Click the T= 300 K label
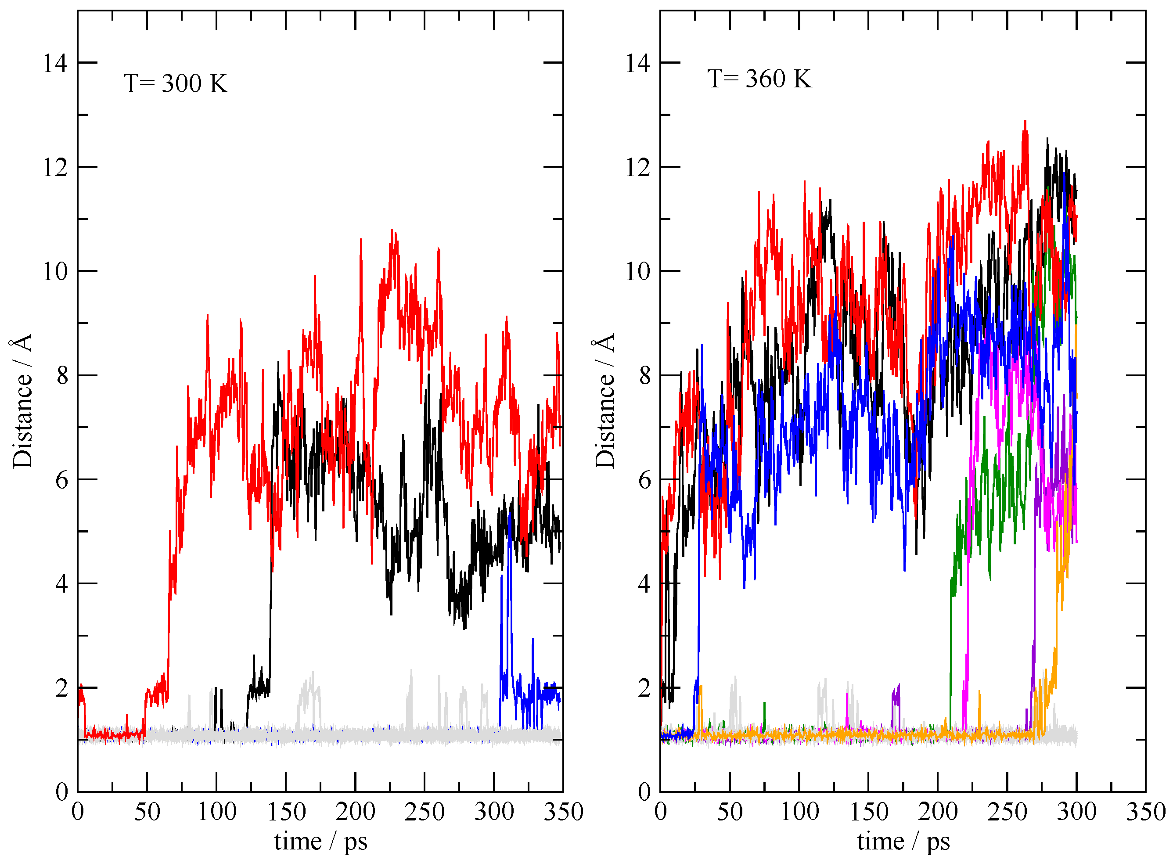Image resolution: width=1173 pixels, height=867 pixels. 176,84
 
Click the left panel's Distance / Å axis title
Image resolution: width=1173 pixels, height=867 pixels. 22,400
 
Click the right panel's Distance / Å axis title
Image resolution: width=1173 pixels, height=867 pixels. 604,400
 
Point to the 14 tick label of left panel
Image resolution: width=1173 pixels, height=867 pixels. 55,64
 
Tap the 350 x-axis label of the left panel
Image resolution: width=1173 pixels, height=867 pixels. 563,812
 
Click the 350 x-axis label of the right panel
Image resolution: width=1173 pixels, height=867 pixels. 1146,812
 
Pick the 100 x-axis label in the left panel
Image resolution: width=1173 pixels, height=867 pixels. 216,812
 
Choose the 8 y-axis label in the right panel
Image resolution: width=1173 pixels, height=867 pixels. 644,376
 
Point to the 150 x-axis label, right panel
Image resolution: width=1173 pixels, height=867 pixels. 869,812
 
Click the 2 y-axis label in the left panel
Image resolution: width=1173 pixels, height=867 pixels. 61,688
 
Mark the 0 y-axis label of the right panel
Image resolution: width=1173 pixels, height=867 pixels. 644,792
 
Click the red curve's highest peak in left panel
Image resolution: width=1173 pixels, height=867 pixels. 392,231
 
